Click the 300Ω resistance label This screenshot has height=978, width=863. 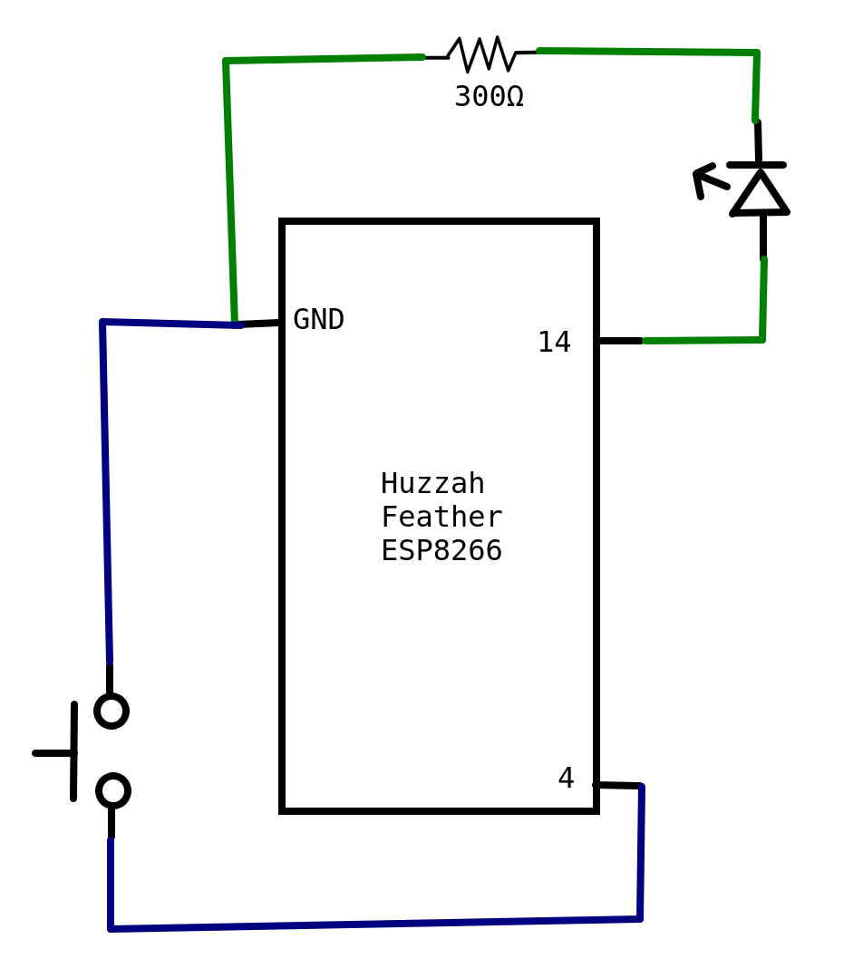(x=489, y=97)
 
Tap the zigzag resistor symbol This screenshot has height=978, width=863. (x=480, y=54)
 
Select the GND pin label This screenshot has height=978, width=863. (x=318, y=319)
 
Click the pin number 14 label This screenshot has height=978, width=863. (x=554, y=342)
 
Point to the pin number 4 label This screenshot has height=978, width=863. (x=566, y=778)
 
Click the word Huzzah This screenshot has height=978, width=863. (x=432, y=483)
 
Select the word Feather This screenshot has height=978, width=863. (x=441, y=517)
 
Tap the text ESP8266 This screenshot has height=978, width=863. (x=441, y=551)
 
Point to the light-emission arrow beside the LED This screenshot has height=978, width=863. (x=710, y=179)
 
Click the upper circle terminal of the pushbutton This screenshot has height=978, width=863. (x=112, y=711)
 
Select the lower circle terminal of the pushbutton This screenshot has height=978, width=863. (x=113, y=791)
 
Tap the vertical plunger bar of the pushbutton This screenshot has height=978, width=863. (x=73, y=751)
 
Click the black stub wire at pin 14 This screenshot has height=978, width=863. (x=621, y=341)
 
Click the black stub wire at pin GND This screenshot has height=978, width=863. (x=259, y=323)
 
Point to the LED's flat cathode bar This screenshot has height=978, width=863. (x=756, y=165)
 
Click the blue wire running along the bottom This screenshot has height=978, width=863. (x=375, y=924)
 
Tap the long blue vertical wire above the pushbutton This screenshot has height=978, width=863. (x=105, y=493)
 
